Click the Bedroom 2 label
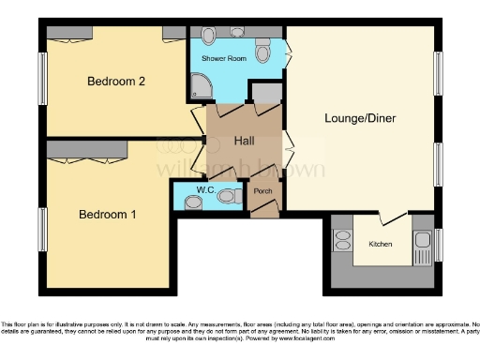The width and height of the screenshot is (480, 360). click(116, 82)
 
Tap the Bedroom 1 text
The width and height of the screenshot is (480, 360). click(107, 215)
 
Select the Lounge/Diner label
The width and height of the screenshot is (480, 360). click(359, 119)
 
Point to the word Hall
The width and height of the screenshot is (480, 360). click(245, 141)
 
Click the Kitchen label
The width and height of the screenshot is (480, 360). click(381, 244)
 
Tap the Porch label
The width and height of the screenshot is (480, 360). click(262, 192)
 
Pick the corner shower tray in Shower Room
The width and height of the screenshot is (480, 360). click(202, 88)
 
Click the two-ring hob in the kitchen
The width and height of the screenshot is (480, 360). click(342, 243)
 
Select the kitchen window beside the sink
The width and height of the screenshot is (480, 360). click(437, 244)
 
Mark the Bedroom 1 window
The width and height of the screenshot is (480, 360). click(42, 229)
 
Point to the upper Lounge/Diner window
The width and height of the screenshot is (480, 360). click(438, 73)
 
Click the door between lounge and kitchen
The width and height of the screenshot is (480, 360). click(395, 222)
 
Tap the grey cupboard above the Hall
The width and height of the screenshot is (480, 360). click(265, 93)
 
